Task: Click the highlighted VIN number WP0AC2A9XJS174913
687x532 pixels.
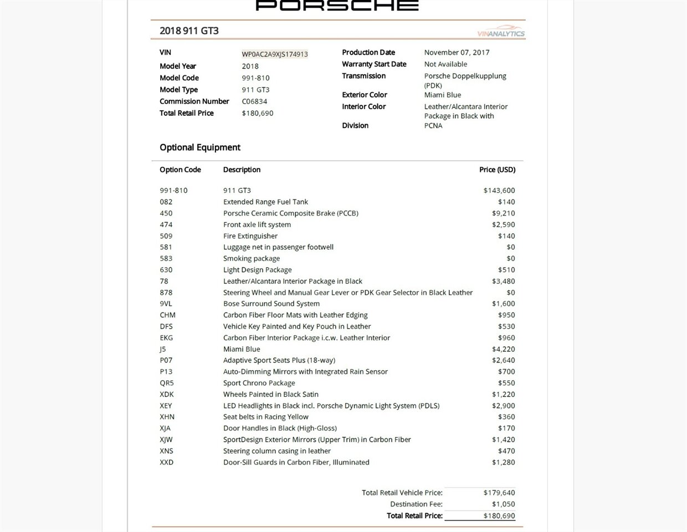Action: tap(275, 54)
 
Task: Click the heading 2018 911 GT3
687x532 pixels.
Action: tap(189, 31)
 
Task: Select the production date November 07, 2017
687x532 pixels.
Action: tap(457, 53)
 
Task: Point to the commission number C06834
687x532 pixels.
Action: tap(254, 101)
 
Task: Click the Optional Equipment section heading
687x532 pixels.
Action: tap(200, 147)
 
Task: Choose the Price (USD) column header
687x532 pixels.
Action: tap(497, 170)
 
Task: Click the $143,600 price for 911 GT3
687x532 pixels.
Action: tap(499, 191)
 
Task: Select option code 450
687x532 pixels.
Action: tap(166, 213)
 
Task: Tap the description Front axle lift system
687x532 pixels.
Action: tap(257, 224)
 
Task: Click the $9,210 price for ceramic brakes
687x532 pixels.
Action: tap(503, 213)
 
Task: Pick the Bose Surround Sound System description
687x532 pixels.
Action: tap(271, 304)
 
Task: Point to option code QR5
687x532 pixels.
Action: tap(167, 383)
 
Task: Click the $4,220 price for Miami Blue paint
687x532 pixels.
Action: tap(503, 349)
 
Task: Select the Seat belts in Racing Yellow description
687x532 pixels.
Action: tap(266, 417)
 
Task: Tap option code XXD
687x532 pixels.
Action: tap(167, 462)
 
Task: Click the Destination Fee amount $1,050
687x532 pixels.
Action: tap(503, 504)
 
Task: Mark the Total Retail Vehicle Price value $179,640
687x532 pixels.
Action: tap(499, 493)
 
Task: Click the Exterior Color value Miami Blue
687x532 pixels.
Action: tap(443, 95)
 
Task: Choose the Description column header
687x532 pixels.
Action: tap(242, 170)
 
